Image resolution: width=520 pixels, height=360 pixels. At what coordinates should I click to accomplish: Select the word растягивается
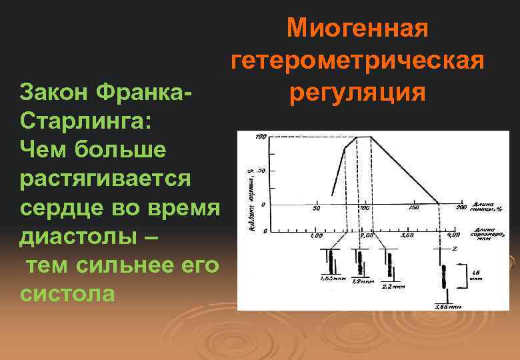(x=105, y=179)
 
